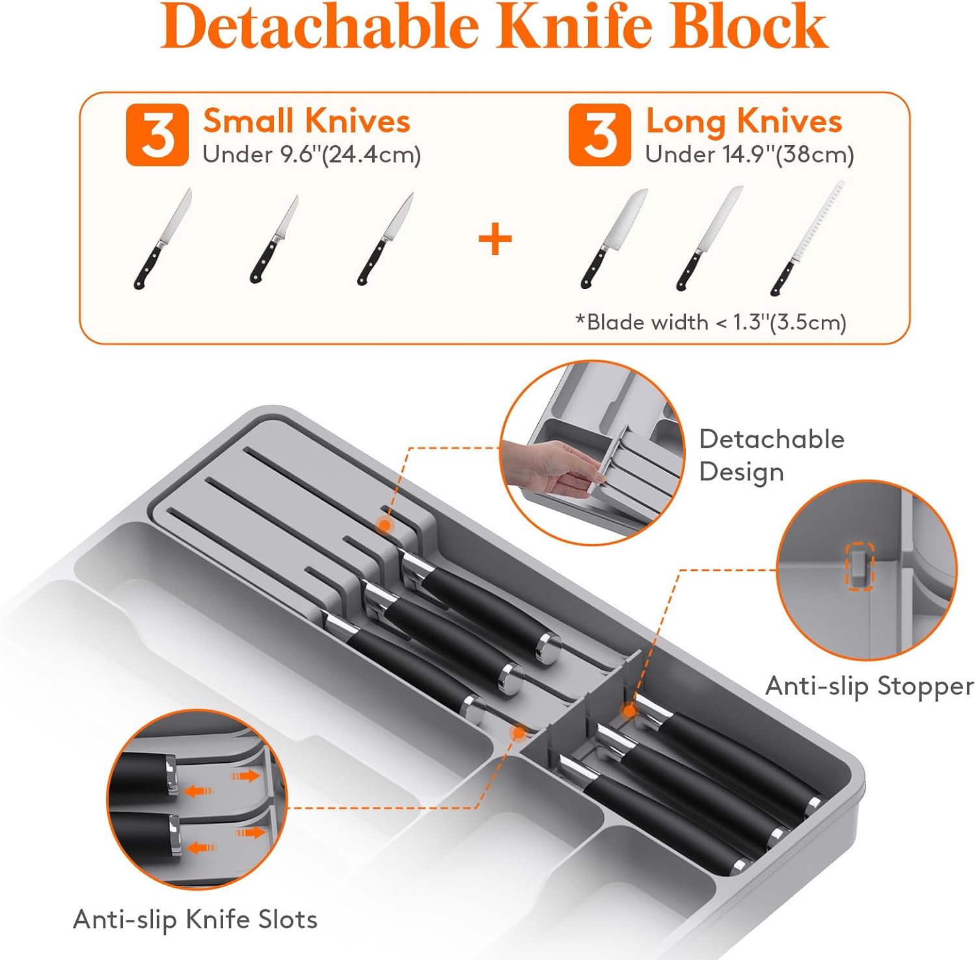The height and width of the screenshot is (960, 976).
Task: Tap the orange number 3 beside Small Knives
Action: point(157,135)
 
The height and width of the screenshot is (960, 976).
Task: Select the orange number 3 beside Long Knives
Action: point(599,135)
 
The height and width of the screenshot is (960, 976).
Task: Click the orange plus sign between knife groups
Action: point(495,240)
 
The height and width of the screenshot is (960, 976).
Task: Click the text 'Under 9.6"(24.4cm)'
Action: point(312,155)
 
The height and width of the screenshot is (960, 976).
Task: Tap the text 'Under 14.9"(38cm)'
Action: point(750,155)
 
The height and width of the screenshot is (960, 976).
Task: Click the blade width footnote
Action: point(711,322)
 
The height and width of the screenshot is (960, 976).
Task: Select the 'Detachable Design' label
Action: point(772,455)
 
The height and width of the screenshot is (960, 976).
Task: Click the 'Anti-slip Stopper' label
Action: point(869,686)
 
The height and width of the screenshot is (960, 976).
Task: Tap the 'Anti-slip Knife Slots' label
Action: point(195,920)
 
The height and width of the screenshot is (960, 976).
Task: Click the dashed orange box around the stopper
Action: point(859,566)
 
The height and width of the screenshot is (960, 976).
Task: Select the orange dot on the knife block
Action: point(385,525)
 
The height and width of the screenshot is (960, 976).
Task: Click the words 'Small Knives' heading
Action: point(306,121)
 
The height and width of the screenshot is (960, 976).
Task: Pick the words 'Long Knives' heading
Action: point(744,121)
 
